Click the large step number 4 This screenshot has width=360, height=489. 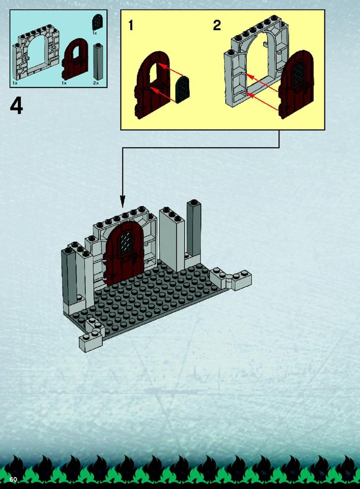(x=17, y=106)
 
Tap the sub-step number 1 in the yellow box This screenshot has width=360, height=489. (x=131, y=26)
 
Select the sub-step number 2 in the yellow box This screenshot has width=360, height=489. (x=217, y=25)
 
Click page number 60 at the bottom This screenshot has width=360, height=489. (x=13, y=479)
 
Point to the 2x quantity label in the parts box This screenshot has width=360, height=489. (x=96, y=83)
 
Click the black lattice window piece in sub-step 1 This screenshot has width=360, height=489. (x=183, y=90)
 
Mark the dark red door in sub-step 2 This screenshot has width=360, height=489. (x=296, y=84)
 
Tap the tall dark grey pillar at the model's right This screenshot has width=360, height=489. (x=193, y=229)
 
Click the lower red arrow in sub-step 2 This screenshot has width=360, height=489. (x=262, y=101)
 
